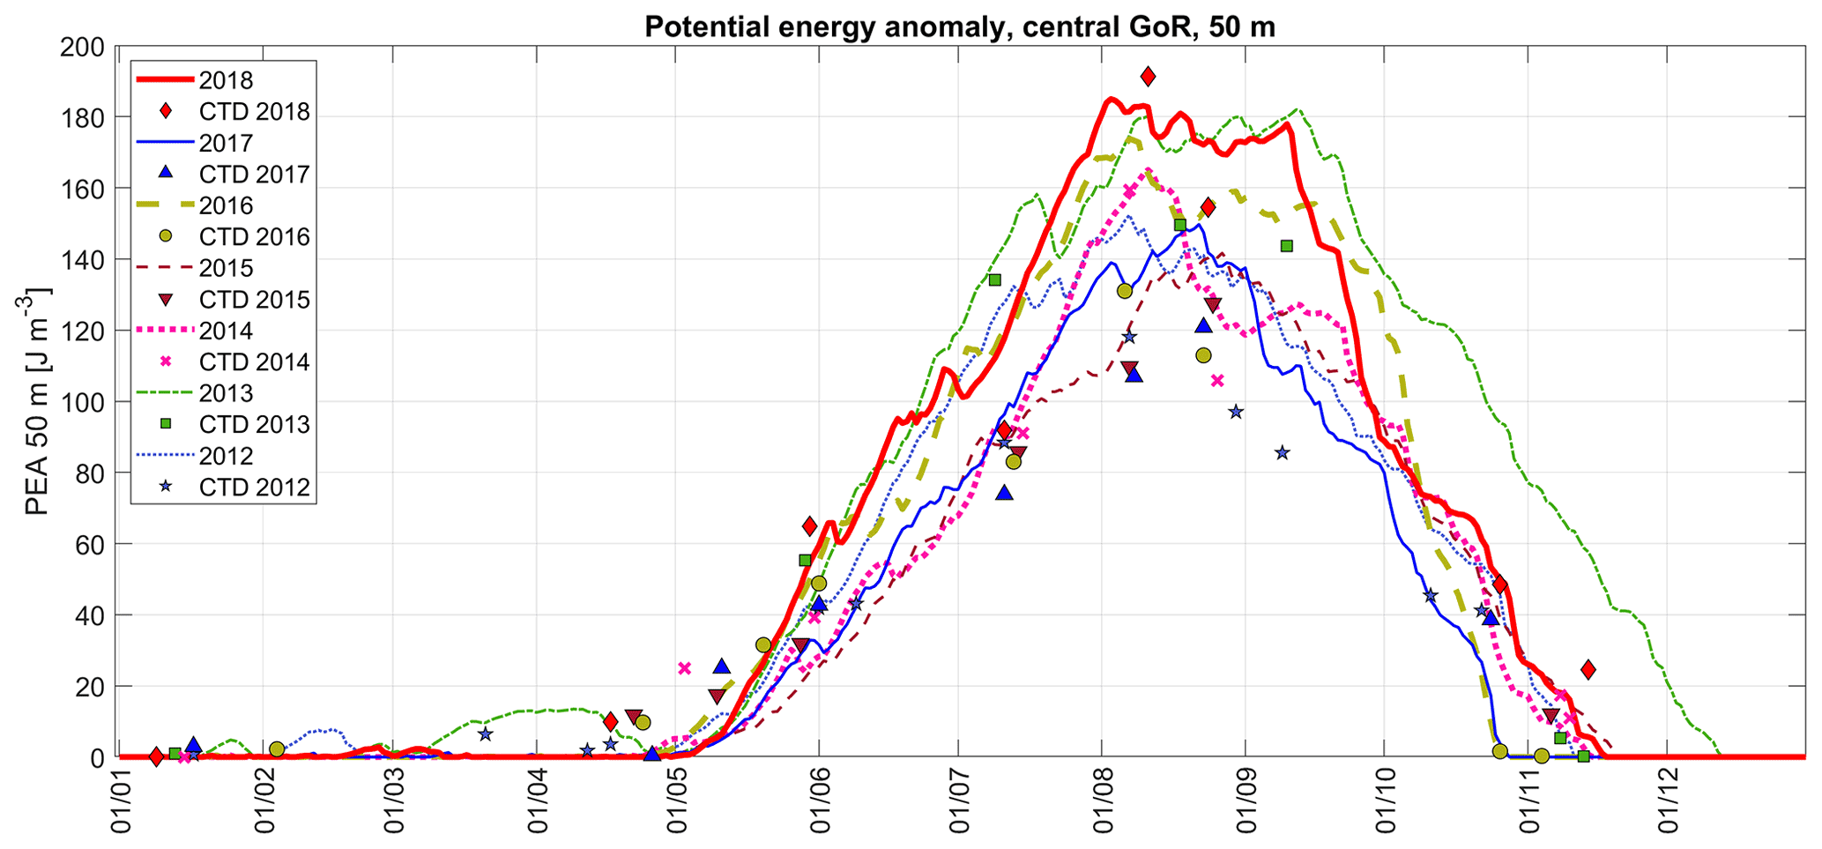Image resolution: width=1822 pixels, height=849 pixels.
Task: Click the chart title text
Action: (959, 26)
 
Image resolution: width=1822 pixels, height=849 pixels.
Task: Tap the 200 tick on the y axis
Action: (82, 47)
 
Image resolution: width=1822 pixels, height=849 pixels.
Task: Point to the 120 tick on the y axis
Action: (82, 331)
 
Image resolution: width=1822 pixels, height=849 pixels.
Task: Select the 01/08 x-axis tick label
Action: (1100, 802)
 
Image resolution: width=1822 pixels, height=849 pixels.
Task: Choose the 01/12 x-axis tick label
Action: (1667, 802)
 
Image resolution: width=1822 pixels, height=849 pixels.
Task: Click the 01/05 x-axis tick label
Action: (676, 802)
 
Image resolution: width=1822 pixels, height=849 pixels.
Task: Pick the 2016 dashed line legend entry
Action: (226, 205)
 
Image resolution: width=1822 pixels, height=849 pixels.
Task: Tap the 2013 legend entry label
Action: (226, 393)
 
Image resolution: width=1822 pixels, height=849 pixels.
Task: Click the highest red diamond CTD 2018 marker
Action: (1148, 77)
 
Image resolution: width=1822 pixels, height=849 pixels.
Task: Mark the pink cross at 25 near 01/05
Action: (685, 667)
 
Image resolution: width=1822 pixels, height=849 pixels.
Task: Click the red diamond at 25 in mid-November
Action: (1588, 669)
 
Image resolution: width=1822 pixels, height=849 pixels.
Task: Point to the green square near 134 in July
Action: (994, 279)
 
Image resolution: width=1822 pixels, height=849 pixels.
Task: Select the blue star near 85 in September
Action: (1282, 453)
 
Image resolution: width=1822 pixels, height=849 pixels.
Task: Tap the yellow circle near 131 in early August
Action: (1124, 291)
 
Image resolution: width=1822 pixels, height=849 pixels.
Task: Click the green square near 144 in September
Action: (1286, 246)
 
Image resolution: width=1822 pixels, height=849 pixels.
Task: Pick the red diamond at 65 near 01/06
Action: (810, 527)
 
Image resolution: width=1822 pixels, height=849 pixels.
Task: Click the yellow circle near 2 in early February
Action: (277, 748)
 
